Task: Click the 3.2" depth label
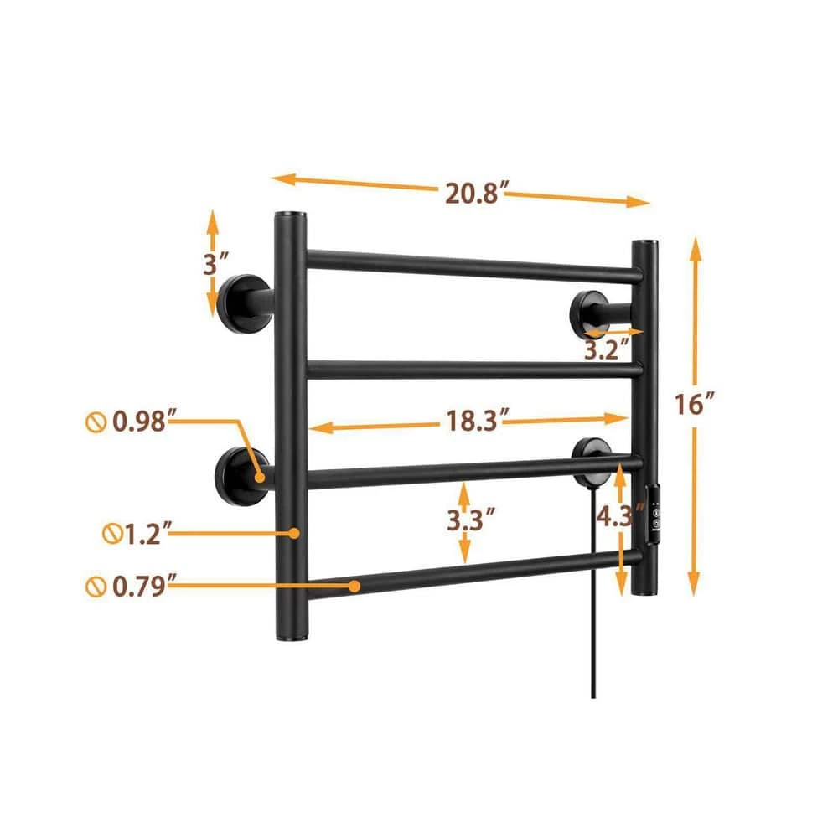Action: pyautogui.click(x=605, y=349)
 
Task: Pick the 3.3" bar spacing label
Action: pyautogui.click(x=465, y=520)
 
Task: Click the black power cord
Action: pyautogui.click(x=593, y=637)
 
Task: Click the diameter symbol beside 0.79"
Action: pyautogui.click(x=94, y=586)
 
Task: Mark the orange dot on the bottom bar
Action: pyautogui.click(x=355, y=587)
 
